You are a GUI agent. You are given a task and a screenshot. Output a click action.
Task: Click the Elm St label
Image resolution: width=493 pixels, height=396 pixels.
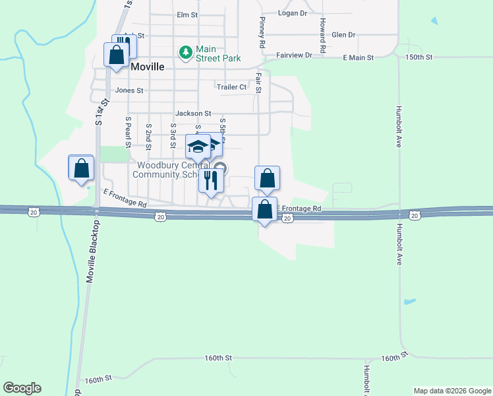pyautogui.click(x=187, y=15)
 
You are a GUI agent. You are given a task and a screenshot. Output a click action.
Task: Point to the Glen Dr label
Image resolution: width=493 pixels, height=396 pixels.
pyautogui.click(x=343, y=34)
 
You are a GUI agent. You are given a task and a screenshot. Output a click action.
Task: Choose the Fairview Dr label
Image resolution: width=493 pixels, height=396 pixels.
pyautogui.click(x=294, y=55)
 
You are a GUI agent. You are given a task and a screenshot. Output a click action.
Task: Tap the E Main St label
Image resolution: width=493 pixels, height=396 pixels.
pyautogui.click(x=358, y=58)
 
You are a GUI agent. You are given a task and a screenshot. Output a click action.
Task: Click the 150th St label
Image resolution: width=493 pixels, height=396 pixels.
pyautogui.click(x=419, y=58)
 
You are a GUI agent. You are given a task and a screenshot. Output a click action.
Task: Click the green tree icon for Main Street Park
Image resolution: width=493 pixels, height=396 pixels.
pyautogui.click(x=187, y=51)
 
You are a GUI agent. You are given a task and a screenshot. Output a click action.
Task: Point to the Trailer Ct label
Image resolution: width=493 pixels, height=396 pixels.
pyautogui.click(x=231, y=86)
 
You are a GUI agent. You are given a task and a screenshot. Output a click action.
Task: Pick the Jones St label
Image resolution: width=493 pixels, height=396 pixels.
pyautogui.click(x=129, y=90)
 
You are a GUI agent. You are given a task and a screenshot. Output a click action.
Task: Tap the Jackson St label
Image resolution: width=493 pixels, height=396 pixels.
pyautogui.click(x=192, y=114)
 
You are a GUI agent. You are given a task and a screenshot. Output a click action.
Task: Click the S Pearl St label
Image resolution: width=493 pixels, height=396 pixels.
pyautogui.click(x=128, y=132)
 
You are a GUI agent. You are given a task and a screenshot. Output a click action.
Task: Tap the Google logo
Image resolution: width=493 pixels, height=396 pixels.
pyautogui.click(x=22, y=388)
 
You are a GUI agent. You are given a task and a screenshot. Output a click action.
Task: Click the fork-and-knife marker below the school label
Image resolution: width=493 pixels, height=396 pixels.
pyautogui.click(x=211, y=180)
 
